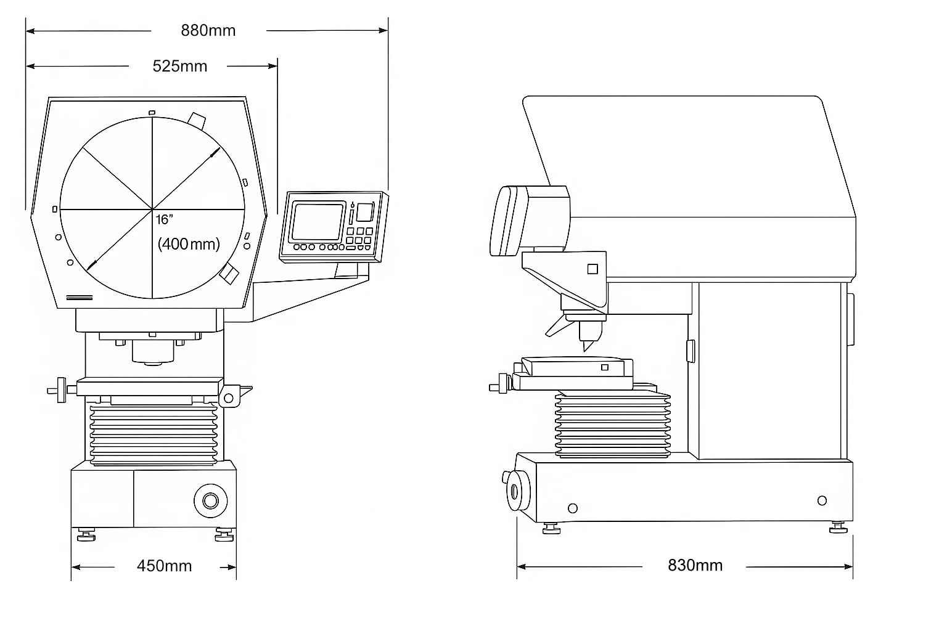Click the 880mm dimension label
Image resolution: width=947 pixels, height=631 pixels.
click(x=208, y=30)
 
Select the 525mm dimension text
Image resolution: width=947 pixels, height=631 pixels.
click(x=179, y=67)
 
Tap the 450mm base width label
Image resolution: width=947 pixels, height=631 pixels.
click(x=164, y=566)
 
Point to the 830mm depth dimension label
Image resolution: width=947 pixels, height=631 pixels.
click(x=695, y=566)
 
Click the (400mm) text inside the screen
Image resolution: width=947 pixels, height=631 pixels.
click(x=189, y=244)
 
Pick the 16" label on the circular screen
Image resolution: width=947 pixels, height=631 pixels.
click(x=165, y=220)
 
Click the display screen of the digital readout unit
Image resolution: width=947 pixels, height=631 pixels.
click(x=318, y=222)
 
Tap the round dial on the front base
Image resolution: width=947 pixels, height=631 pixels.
click(x=210, y=501)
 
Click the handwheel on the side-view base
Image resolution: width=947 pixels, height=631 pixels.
click(x=517, y=491)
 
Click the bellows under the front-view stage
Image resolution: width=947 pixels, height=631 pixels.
click(x=154, y=434)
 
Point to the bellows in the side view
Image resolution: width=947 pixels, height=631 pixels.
click(x=613, y=424)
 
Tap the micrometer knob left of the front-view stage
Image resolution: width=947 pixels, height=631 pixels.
click(x=58, y=390)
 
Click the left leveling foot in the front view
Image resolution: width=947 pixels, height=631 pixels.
click(x=86, y=535)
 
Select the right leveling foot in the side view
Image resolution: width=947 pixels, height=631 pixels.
click(x=838, y=528)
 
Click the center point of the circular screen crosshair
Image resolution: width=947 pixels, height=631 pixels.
click(x=152, y=209)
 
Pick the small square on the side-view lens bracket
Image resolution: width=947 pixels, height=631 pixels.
click(x=592, y=269)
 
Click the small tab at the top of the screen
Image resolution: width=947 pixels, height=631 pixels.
click(x=152, y=112)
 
